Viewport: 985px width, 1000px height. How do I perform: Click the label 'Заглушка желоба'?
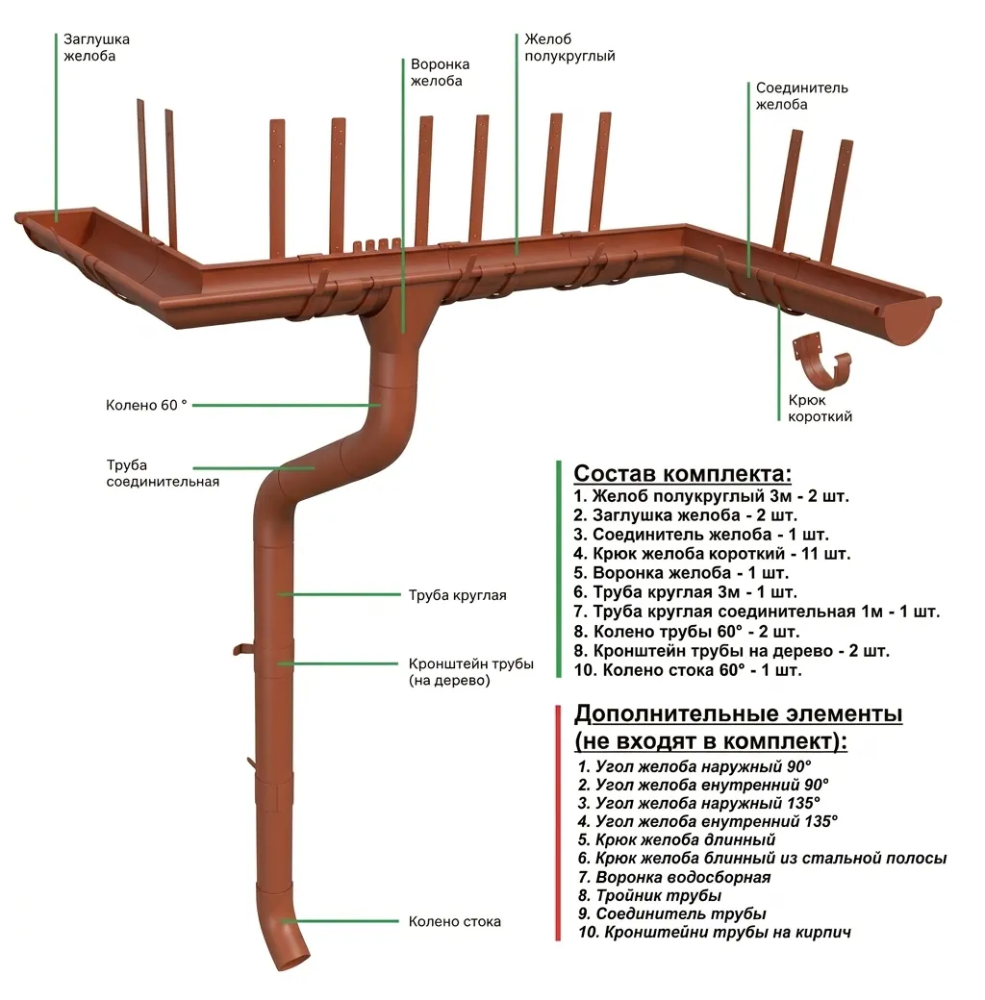point(96,47)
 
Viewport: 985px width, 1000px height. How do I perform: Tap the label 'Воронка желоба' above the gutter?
point(441,73)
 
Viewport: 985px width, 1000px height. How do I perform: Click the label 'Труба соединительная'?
point(163,473)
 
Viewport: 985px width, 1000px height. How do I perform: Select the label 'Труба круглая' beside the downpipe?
point(457,595)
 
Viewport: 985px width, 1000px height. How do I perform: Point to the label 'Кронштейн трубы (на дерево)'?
point(470,672)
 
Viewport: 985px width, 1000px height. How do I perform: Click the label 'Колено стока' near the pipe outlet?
point(454,921)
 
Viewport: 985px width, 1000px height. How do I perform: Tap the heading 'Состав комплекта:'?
point(683,474)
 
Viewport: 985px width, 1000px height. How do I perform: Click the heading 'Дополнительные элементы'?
point(738,714)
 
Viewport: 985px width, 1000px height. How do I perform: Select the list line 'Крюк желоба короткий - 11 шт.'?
point(712,554)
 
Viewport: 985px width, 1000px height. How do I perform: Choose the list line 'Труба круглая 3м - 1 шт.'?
point(685,592)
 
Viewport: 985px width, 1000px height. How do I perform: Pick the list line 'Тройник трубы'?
point(650,896)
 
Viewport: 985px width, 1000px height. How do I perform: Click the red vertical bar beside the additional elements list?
point(558,822)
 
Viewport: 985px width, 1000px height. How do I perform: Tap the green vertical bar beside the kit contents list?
point(558,569)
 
